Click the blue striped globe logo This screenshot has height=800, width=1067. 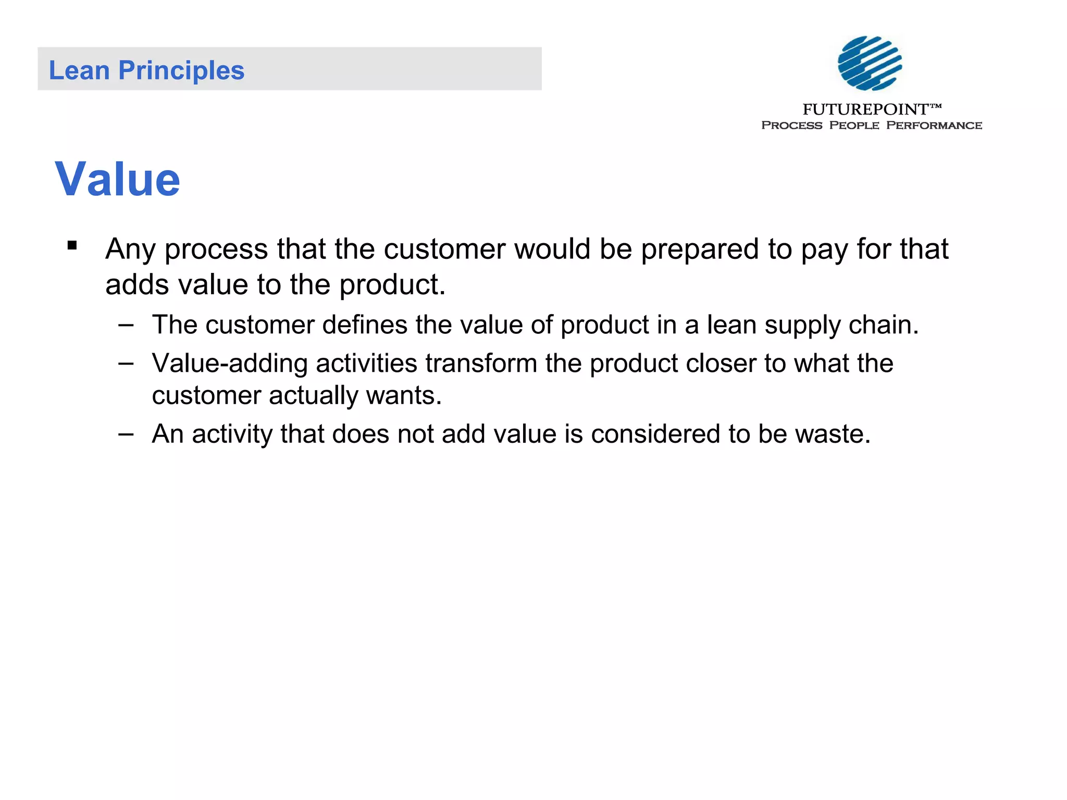coord(870,63)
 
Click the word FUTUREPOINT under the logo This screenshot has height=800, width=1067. coord(865,109)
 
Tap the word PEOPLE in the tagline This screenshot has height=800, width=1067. coord(854,126)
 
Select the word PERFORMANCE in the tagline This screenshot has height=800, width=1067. coord(934,126)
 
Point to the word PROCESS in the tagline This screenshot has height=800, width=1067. coord(791,126)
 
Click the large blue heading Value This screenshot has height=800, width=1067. coord(118,179)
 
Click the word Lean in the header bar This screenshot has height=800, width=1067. coord(79,70)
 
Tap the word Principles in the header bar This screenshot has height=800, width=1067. coord(181,71)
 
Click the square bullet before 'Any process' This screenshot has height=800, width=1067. coord(72,245)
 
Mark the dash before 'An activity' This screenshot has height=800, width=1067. coord(126,433)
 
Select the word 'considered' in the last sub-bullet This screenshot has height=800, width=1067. coord(655,434)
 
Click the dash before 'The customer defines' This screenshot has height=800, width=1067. coord(126,325)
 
